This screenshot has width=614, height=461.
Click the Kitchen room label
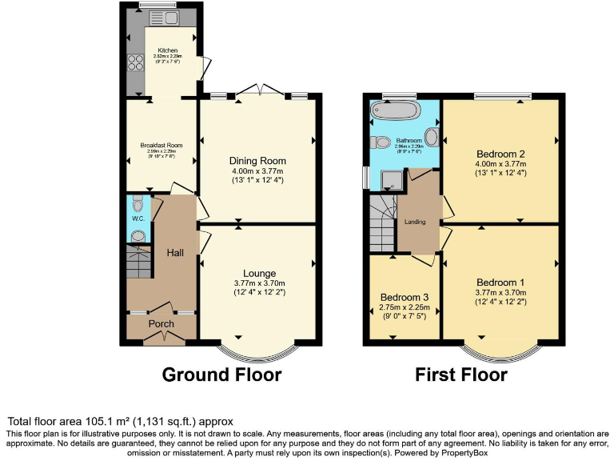[x=167, y=50]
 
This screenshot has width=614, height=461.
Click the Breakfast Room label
[x=161, y=145]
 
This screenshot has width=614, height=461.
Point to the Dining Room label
[x=257, y=161]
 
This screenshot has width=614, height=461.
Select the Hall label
[x=175, y=252]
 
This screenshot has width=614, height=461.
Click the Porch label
[x=161, y=323]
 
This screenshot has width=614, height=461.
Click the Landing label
[x=415, y=222]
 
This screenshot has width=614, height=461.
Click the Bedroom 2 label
[x=500, y=154]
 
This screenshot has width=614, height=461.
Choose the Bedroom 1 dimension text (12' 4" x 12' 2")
[x=500, y=301]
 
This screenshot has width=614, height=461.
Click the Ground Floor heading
[x=221, y=375]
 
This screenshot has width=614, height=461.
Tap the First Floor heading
[x=460, y=375]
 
